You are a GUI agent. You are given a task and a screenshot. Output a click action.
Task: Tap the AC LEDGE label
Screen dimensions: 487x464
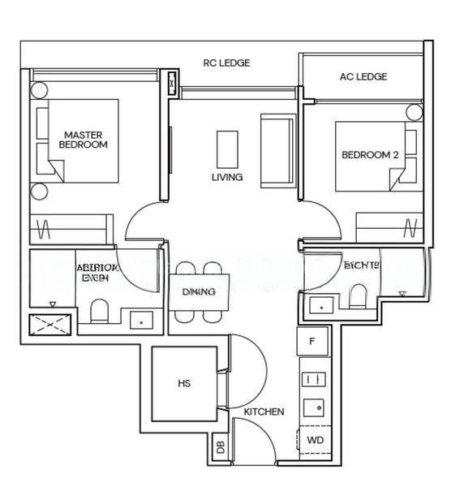(x=363, y=77)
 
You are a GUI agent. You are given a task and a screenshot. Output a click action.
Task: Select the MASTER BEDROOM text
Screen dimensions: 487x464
(x=83, y=139)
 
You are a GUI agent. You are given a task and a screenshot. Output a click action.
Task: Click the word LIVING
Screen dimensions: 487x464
(x=227, y=177)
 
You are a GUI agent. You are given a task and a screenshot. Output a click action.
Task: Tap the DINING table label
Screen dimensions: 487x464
(x=199, y=292)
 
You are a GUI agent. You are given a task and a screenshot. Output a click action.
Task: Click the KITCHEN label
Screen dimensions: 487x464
(x=264, y=412)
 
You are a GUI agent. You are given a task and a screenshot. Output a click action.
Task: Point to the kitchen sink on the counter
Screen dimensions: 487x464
(x=312, y=407)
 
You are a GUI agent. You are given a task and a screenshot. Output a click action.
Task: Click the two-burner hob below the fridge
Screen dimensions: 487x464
(x=312, y=378)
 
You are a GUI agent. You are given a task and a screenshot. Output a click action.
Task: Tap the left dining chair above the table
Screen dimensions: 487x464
(x=186, y=270)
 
